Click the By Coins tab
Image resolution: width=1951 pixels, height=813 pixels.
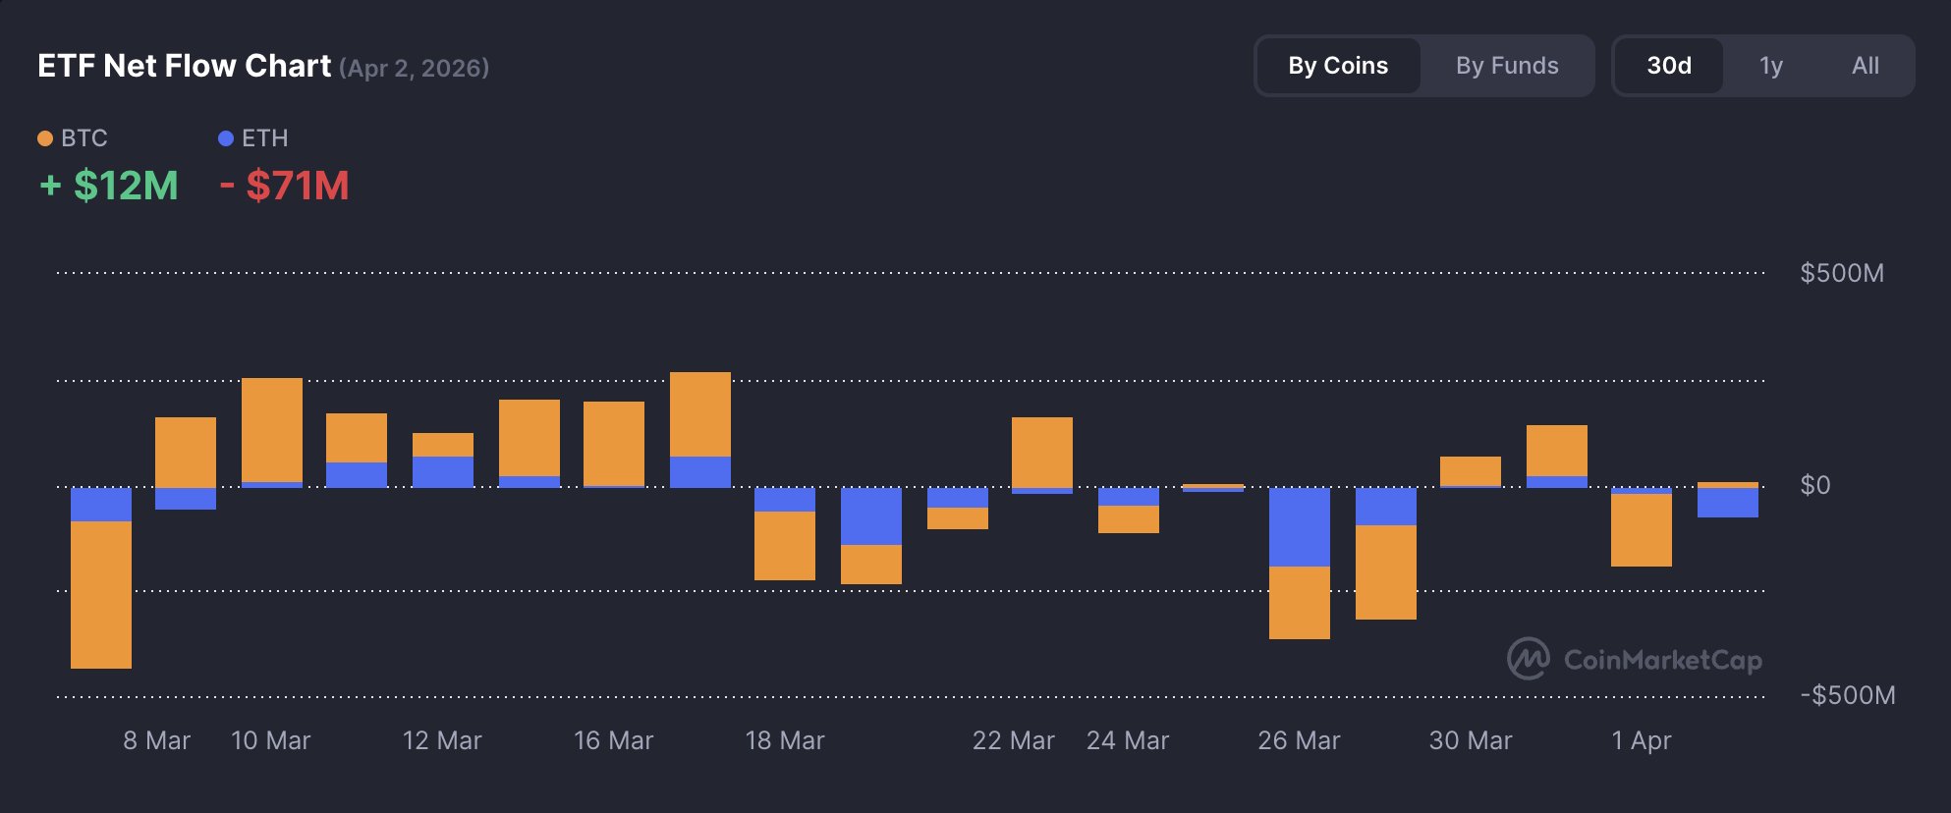(x=1338, y=66)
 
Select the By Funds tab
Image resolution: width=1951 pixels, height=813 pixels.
(x=1507, y=66)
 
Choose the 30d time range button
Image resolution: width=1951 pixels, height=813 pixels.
(x=1669, y=66)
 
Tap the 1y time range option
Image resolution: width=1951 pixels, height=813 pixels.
(x=1771, y=66)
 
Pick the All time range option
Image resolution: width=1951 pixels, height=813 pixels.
(x=1865, y=66)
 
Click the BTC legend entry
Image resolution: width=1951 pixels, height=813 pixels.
(x=73, y=138)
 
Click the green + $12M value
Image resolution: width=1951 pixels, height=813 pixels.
(x=109, y=186)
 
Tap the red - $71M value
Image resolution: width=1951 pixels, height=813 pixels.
(x=285, y=186)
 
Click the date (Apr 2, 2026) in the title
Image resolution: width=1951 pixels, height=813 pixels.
(x=414, y=68)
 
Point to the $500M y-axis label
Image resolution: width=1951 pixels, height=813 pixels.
(x=1841, y=273)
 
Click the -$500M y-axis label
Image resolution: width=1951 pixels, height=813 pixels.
(x=1847, y=695)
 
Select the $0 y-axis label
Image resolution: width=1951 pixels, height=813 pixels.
(x=1814, y=485)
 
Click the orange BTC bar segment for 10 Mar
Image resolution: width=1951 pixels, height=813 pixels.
(x=272, y=429)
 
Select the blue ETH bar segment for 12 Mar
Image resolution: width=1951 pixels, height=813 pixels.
(x=443, y=471)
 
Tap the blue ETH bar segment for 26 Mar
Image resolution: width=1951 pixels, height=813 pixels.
(x=1299, y=526)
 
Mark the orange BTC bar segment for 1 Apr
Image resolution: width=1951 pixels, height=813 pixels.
(x=1641, y=529)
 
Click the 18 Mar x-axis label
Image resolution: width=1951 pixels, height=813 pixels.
(x=784, y=740)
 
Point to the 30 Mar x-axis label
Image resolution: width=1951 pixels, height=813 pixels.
(x=1470, y=740)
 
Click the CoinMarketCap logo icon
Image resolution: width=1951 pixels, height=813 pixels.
(x=1529, y=659)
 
